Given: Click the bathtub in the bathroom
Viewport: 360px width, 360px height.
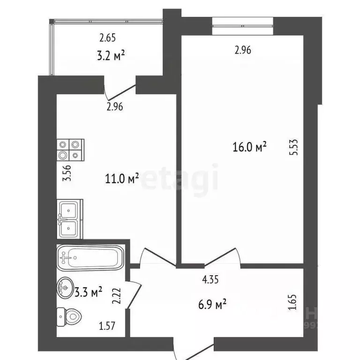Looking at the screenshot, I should (x=91, y=257).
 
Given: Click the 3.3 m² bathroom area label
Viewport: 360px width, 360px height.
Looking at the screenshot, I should (x=88, y=293).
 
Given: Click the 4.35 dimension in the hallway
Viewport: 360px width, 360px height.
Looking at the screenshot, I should (x=211, y=281).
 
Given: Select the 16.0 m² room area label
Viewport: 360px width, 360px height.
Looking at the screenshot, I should (x=250, y=147).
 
